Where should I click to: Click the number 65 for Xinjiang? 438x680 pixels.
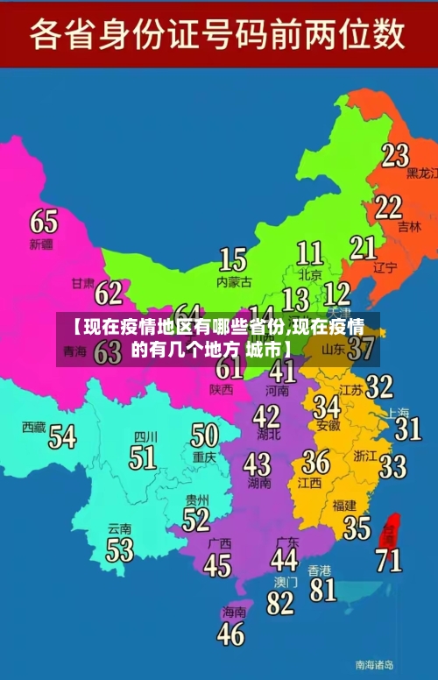click(x=44, y=220)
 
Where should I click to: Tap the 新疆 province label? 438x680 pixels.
click(x=41, y=243)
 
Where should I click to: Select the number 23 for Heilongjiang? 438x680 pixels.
click(x=395, y=155)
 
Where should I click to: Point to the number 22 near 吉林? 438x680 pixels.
click(x=388, y=207)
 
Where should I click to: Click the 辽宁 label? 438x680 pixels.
click(x=385, y=267)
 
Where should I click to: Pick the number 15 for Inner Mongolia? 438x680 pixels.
click(x=232, y=259)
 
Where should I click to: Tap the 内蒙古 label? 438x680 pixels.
click(x=234, y=282)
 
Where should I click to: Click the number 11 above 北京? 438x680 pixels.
click(x=309, y=253)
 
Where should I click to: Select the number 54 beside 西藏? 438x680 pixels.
click(x=62, y=436)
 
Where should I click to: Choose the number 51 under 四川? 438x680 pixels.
click(x=142, y=457)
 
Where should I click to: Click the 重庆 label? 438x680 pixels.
click(x=204, y=457)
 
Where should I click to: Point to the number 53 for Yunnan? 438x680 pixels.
click(x=119, y=549)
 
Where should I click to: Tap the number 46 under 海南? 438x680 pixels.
click(x=230, y=633)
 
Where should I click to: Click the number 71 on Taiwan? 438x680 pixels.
click(x=388, y=558)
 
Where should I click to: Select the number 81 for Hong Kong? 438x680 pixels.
click(x=322, y=589)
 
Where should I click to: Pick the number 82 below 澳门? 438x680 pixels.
click(x=280, y=603)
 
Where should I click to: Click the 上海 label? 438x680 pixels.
click(x=399, y=412)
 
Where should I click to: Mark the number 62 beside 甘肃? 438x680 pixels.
click(x=109, y=291)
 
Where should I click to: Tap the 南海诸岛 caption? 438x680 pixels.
click(x=375, y=663)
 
